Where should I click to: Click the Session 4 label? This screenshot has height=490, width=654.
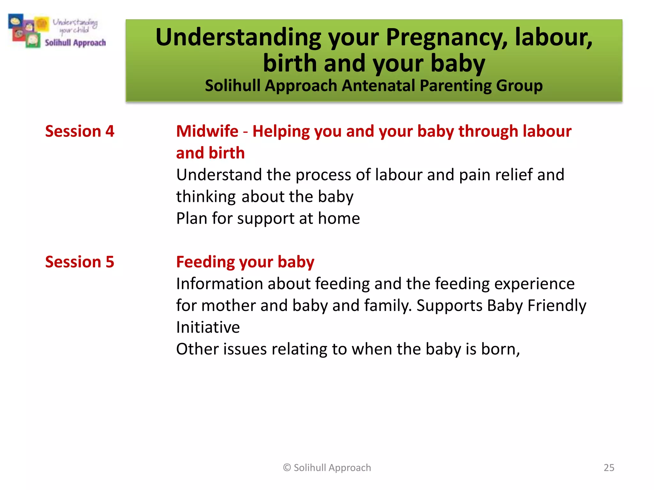tap(80, 131)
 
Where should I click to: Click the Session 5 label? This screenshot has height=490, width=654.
tap(80, 262)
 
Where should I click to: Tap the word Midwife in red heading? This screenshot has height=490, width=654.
tap(207, 131)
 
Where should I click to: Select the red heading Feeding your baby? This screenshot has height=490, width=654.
tap(245, 262)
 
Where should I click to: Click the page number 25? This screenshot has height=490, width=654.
tap(609, 467)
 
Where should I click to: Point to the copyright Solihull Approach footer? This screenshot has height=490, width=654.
tap(327, 467)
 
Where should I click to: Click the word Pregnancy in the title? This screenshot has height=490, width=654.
tap(446, 38)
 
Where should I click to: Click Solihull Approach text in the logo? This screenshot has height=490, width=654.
tap(75, 43)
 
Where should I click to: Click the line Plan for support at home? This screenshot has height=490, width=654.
tap(268, 219)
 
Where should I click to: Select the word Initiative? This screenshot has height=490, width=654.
tap(208, 327)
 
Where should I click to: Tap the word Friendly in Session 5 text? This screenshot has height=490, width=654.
tap(557, 306)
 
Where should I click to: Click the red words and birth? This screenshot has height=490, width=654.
tap(210, 153)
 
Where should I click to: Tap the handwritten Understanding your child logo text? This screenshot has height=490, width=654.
tap(75, 26)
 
